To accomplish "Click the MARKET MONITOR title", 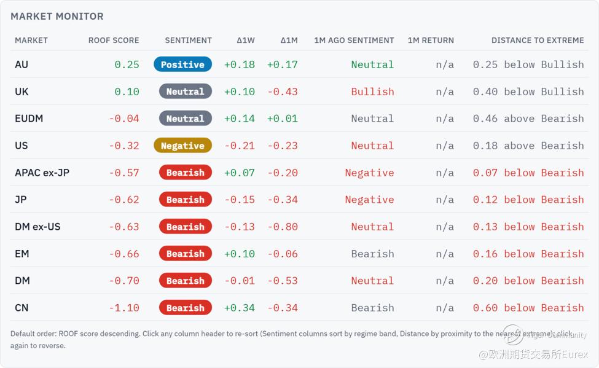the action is coord(57,17).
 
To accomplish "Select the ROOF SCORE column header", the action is coord(114,41).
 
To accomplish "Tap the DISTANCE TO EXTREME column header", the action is coord(538,41).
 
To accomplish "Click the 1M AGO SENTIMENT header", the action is coord(354,41).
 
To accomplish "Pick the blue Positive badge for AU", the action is coord(182,65).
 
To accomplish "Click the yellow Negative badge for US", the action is coord(182,146).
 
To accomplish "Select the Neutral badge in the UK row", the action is coord(186,92).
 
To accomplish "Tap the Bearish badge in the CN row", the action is coord(186,308).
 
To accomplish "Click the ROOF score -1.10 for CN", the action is coord(123,308).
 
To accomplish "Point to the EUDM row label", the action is coord(29,119).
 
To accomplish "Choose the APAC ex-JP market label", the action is coord(42,173).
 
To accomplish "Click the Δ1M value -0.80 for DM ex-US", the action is coord(283,227).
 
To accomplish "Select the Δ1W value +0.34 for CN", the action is coord(240,308).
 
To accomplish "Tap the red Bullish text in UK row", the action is coord(372,92).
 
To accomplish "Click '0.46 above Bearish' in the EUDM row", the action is coord(528,119).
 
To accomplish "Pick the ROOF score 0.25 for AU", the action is coord(127,65).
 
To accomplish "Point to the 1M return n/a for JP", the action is coord(445,200).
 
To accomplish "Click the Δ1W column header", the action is coord(246,41).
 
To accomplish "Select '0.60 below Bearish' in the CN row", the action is coord(528,308).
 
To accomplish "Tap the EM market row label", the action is coord(22,254).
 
